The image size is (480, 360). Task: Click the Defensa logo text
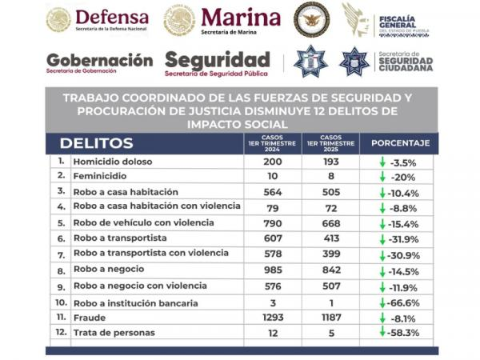(111, 18)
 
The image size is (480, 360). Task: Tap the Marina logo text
(240, 18)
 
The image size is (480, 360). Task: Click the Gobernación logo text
(99, 61)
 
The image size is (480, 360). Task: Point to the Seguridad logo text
(217, 61)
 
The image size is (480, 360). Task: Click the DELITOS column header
(95, 143)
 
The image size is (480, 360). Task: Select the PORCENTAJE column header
(399, 143)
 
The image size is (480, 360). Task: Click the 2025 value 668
(330, 222)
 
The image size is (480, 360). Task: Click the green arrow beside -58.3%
(383, 331)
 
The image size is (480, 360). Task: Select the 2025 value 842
(330, 270)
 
